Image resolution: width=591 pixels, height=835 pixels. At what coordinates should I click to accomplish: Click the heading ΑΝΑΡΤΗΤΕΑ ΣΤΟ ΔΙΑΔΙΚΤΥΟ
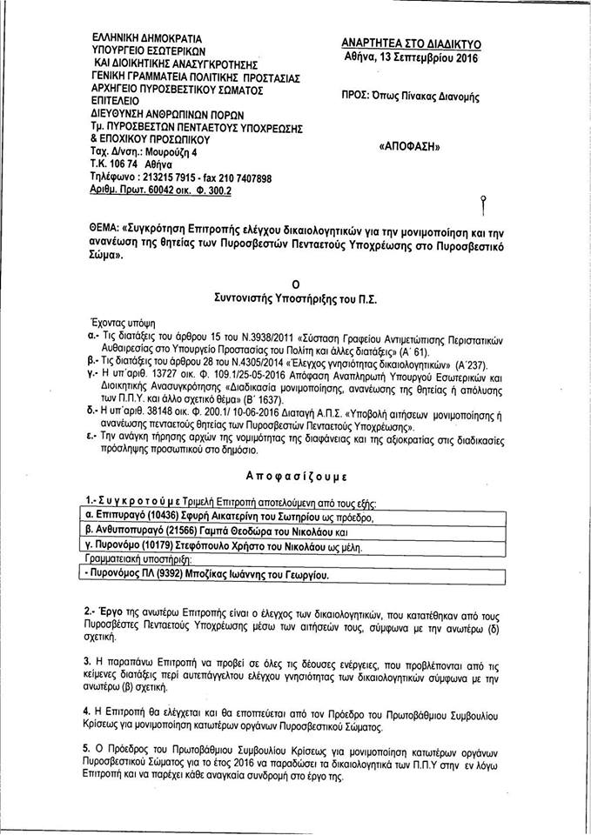412,43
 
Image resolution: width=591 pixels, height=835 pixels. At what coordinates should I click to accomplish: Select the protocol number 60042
164,190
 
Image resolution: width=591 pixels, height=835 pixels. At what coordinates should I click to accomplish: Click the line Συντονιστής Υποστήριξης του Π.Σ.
295,297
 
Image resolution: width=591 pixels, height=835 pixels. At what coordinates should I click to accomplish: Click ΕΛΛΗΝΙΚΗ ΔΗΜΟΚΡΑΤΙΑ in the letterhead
146,39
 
